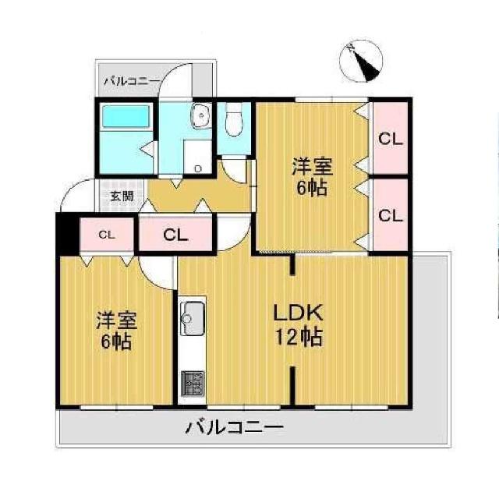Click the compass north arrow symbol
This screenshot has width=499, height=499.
[363, 60]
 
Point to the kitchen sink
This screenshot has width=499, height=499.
[192, 317]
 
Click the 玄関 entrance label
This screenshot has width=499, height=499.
[121, 196]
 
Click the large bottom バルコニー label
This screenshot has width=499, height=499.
[233, 427]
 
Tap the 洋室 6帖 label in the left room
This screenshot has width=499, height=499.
[115, 331]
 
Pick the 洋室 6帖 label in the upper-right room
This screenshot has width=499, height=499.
[313, 177]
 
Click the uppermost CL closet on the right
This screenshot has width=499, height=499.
[390, 140]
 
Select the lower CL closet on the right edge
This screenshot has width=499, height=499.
[390, 214]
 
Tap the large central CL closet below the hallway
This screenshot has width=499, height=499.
[175, 234]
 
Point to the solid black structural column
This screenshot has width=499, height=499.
[67, 233]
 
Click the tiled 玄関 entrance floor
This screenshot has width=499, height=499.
[121, 196]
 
